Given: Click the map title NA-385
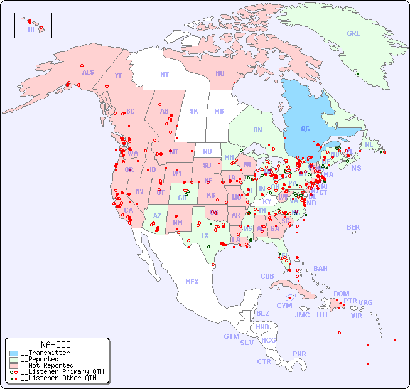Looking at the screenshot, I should (55, 344).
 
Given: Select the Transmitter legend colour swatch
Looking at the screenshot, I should (14, 353).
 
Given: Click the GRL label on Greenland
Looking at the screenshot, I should (353, 33).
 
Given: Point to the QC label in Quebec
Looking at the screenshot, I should (305, 129).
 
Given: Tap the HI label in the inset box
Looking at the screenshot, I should (31, 29).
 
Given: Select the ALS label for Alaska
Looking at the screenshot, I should (88, 72).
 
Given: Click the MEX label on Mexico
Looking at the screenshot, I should (192, 282).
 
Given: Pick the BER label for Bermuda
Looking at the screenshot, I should (353, 227).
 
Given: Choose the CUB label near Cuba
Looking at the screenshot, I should (267, 276).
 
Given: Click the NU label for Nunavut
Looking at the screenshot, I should (220, 73).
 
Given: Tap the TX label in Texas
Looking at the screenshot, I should (205, 235).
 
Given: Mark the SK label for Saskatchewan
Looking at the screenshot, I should (194, 111).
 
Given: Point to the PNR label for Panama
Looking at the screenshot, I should (299, 354).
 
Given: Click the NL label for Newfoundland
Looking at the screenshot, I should (369, 144).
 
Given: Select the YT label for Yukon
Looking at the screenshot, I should (118, 75).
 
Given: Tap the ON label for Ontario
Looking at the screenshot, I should (257, 130).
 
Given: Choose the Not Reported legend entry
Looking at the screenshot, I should (48, 365).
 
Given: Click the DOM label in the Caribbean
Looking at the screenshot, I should (341, 294).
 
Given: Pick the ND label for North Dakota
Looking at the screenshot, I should (207, 151).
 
